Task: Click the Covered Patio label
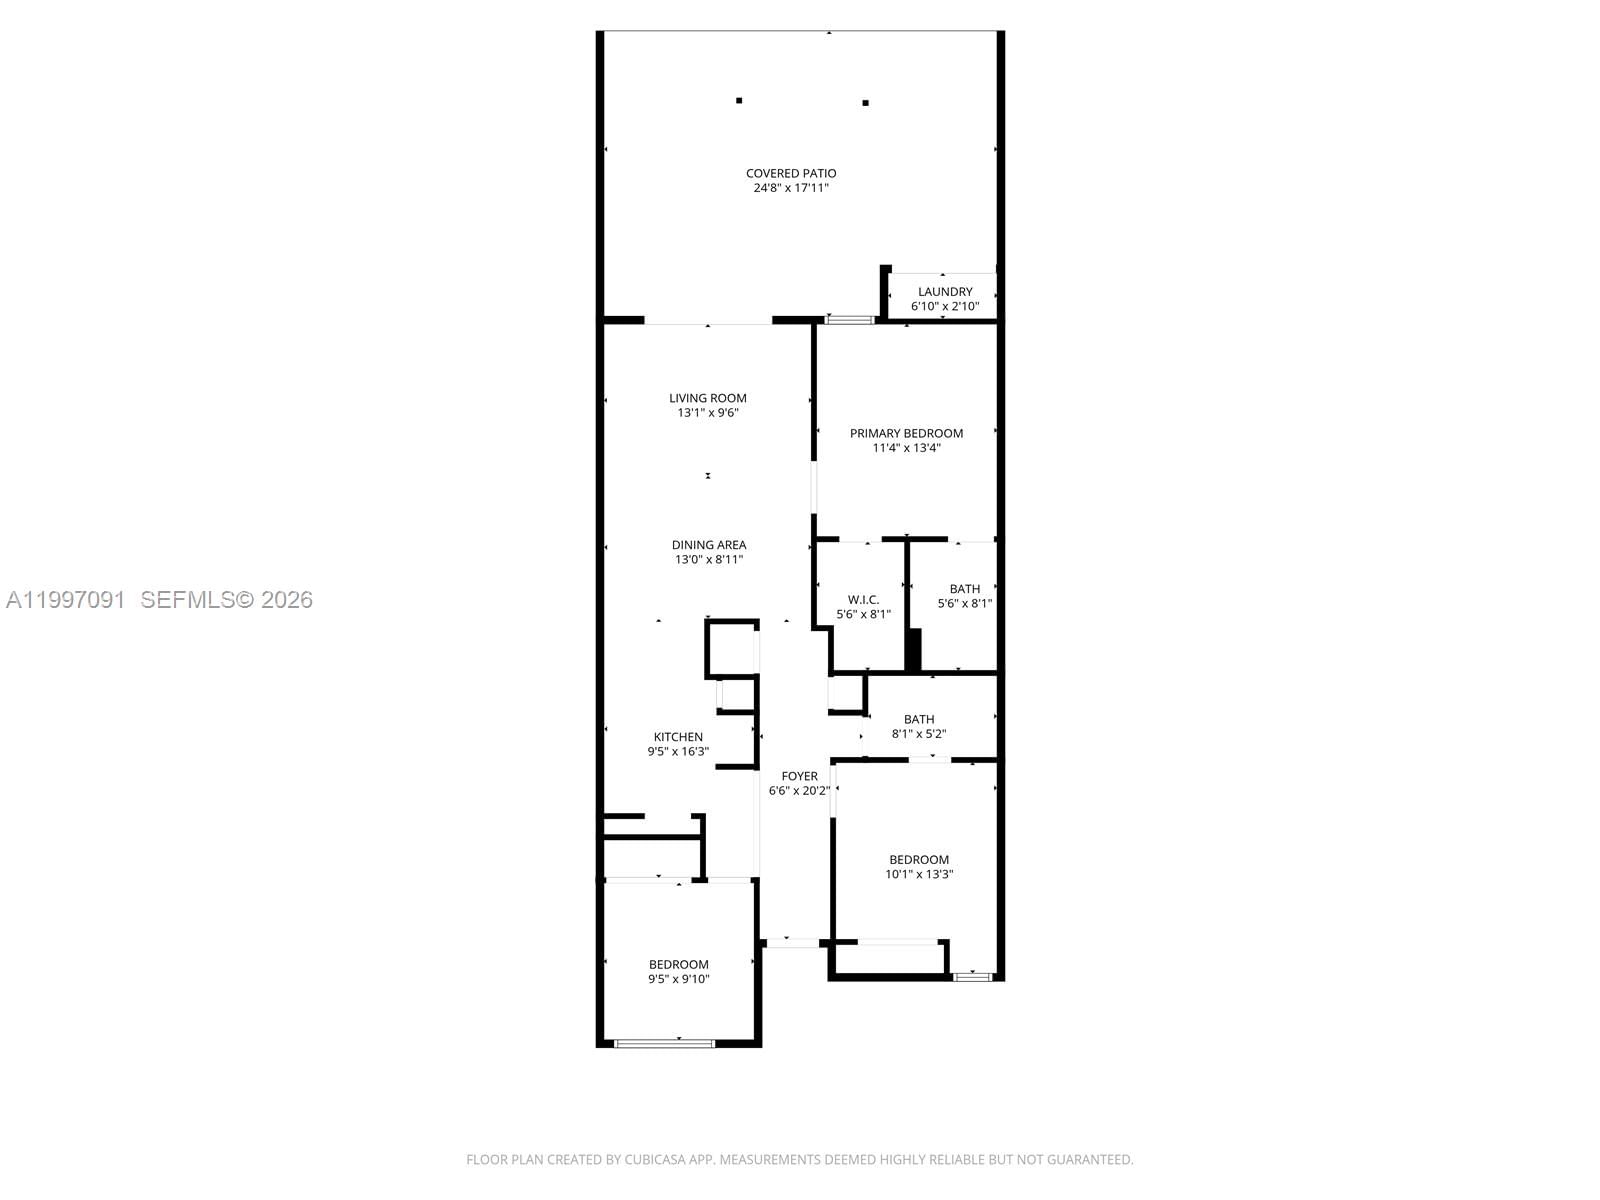point(791,173)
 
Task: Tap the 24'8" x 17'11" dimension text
point(791,188)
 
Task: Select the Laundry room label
point(945,292)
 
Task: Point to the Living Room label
point(708,398)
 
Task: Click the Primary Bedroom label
point(906,433)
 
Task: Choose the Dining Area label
point(709,545)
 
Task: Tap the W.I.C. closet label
point(863,600)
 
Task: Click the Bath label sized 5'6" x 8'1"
point(965,589)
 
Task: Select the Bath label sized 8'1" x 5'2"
point(919,719)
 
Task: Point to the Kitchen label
point(678,737)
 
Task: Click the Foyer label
point(799,776)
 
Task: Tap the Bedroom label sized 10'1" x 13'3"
point(919,860)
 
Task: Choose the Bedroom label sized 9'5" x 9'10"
point(678,965)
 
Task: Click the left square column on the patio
point(739,100)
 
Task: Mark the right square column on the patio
point(865,102)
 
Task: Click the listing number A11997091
point(66,600)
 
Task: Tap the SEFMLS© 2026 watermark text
point(227,600)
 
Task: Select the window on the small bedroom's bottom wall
point(664,1044)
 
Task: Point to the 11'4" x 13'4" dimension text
point(906,448)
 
